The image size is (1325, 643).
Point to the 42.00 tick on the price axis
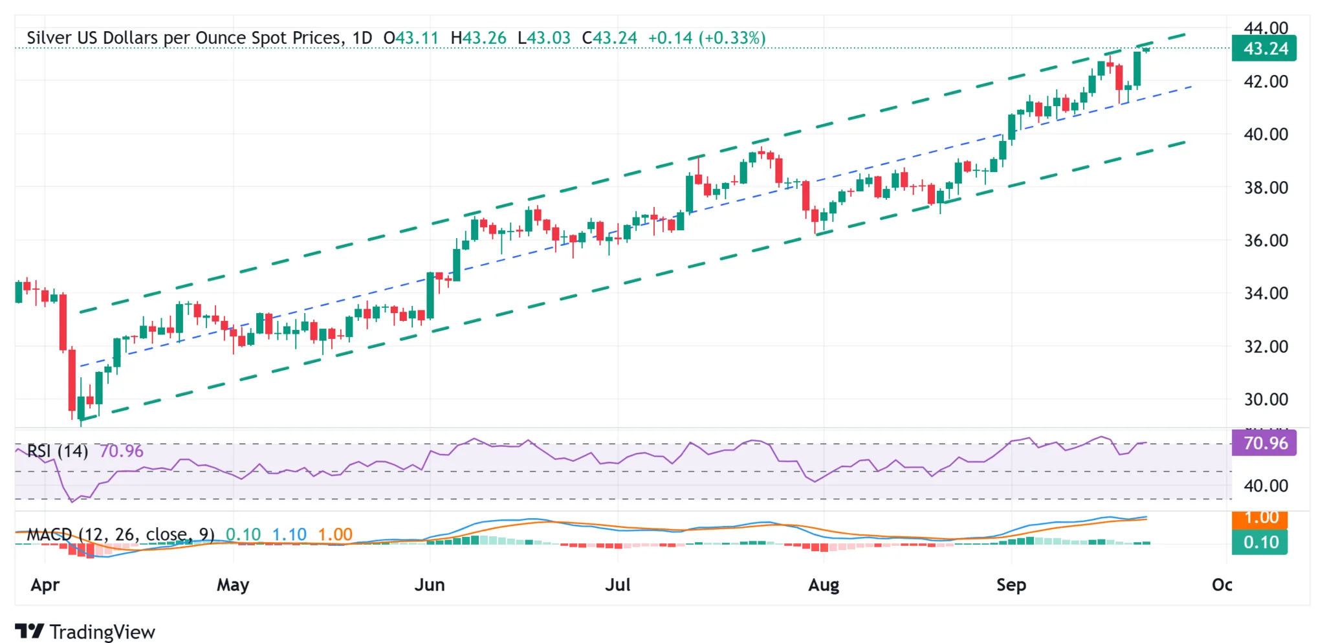point(1265,82)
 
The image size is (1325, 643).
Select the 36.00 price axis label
point(1265,241)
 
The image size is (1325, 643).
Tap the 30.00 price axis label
point(1265,400)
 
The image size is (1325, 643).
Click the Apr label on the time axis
point(45,585)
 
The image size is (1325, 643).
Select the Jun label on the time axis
point(430,585)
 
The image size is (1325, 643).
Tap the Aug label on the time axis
point(824,585)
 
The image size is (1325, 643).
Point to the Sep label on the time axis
point(1011,585)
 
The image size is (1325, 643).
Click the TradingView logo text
point(102,632)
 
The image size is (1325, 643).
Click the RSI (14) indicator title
point(58,451)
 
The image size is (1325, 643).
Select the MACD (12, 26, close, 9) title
point(120,534)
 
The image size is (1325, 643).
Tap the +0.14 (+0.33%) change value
point(706,38)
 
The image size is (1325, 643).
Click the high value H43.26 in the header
point(478,38)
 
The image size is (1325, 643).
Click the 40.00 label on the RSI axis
point(1265,486)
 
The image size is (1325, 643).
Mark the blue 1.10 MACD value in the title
point(289,534)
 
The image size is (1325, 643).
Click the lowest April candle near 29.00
point(81,409)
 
